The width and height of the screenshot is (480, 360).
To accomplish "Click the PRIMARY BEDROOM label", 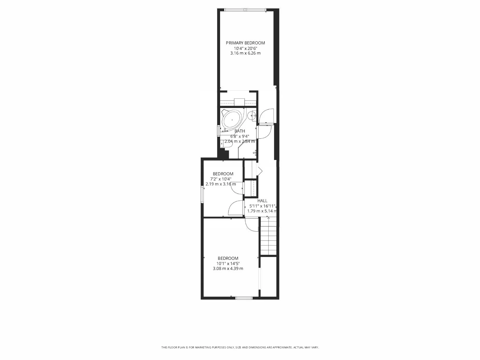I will pyautogui.click(x=245, y=43).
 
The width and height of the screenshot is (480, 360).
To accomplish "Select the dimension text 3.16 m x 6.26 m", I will pyautogui.click(x=245, y=53).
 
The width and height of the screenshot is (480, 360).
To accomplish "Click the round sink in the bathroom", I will pyautogui.click(x=252, y=116).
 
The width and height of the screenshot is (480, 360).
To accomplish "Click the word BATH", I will pyautogui.click(x=240, y=131).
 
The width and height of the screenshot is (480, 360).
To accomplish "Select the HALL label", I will pyautogui.click(x=262, y=201).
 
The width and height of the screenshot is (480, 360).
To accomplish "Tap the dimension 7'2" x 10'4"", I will pyautogui.click(x=221, y=179).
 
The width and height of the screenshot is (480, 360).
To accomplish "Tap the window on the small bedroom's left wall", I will pyautogui.click(x=202, y=194).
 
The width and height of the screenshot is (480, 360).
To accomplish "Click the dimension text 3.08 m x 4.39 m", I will pyautogui.click(x=228, y=269).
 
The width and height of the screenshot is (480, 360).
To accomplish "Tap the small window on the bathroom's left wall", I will pyautogui.click(x=219, y=131).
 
